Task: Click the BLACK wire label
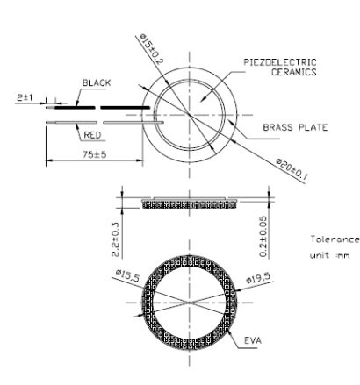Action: click(x=97, y=82)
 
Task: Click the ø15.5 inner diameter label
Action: click(x=129, y=275)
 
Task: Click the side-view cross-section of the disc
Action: click(x=190, y=203)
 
